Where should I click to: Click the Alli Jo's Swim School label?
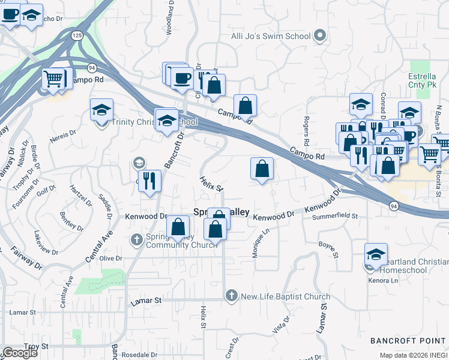coord(271,36)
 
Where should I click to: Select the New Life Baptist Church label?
coord(285,296)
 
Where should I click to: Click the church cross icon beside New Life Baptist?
coord(232,296)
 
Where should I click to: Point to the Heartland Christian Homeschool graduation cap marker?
coord(376,254)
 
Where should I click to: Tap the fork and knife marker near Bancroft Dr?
coord(149,181)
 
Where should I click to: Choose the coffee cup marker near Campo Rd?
coord(182,77)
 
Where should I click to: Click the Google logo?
coord(20,352)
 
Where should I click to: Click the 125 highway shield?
coord(77,37)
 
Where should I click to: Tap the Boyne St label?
coord(326,244)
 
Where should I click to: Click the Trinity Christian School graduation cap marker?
coord(102,110)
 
